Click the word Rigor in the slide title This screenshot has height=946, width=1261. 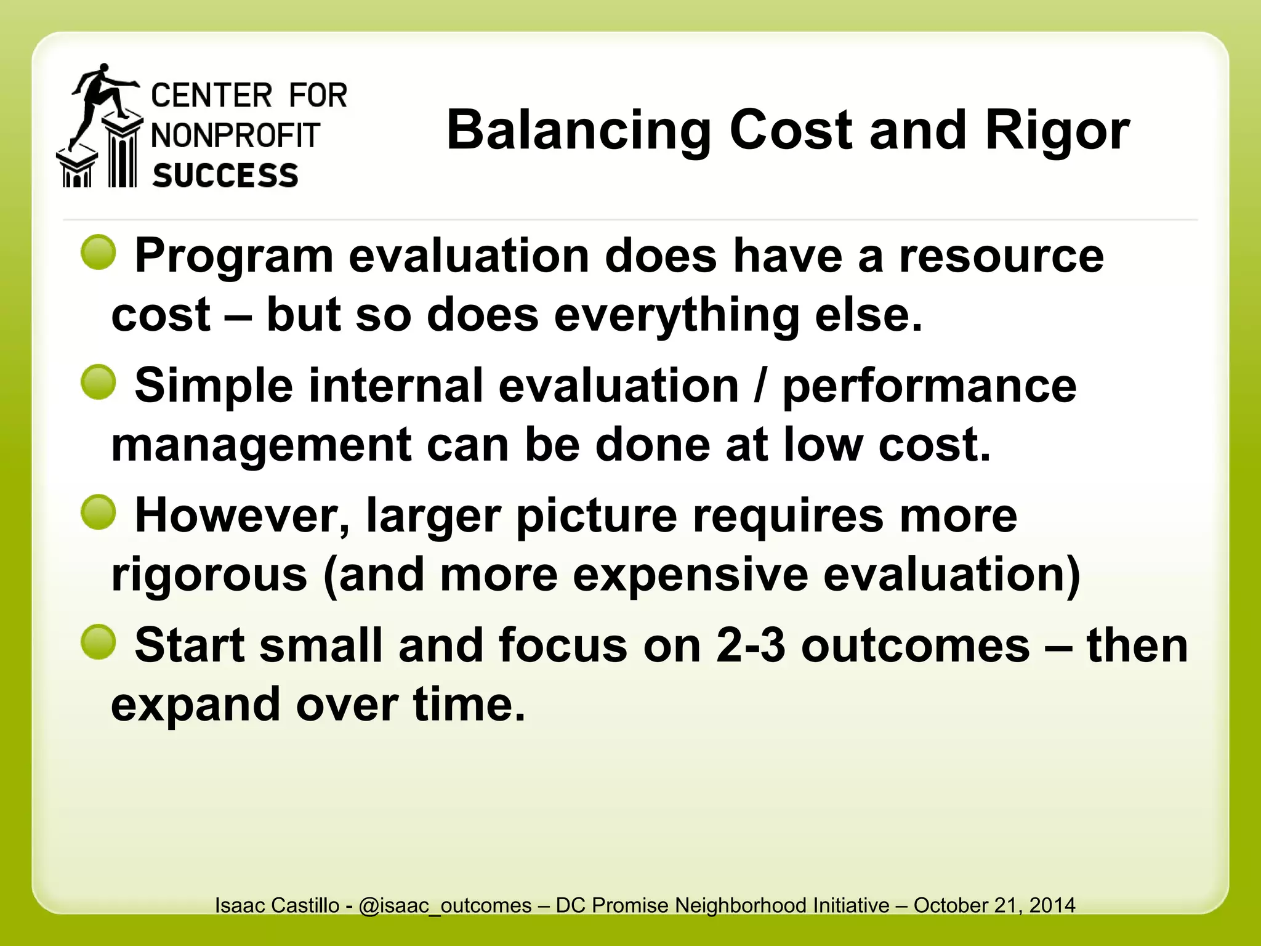point(1057,131)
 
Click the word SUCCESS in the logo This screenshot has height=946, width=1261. point(225,176)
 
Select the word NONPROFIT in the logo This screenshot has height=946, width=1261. point(236,135)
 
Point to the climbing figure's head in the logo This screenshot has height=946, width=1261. point(104,68)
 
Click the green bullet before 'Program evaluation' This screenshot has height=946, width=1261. point(99,252)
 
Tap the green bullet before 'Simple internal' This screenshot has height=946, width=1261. point(99,382)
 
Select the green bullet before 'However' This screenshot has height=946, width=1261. point(99,512)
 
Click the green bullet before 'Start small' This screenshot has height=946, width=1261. point(99,642)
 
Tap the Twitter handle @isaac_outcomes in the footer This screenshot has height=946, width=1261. point(445,905)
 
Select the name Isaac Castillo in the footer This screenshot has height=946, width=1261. point(277,905)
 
